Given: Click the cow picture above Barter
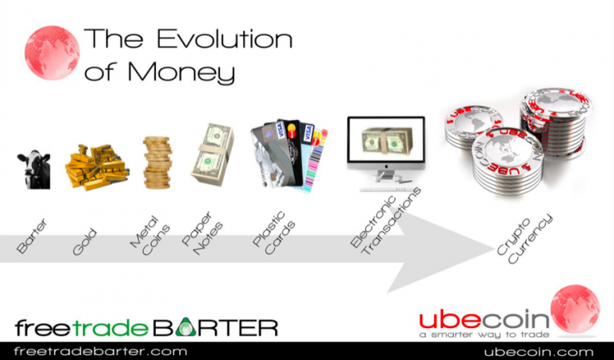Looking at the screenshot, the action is pyautogui.click(x=34, y=170).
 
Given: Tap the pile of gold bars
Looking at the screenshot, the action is pyautogui.click(x=97, y=167).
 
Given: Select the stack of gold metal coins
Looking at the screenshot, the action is pyautogui.click(x=157, y=162).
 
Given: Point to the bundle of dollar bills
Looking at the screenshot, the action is pyautogui.click(x=212, y=154).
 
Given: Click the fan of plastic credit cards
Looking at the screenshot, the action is pyautogui.click(x=289, y=155).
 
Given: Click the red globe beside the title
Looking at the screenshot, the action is pyautogui.click(x=52, y=53).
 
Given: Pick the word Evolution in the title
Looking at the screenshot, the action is pyautogui.click(x=225, y=38).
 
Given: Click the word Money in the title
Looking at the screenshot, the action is pyautogui.click(x=181, y=73).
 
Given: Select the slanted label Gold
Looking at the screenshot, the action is pyautogui.click(x=85, y=242).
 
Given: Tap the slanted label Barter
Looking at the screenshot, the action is pyautogui.click(x=32, y=236).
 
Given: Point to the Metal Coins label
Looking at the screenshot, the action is pyautogui.click(x=150, y=235).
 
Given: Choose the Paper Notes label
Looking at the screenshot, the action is pyautogui.click(x=202, y=234).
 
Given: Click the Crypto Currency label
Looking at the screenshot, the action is pyautogui.click(x=524, y=239).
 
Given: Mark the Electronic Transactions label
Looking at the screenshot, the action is pyautogui.click(x=385, y=222).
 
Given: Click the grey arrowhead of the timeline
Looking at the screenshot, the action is pyautogui.click(x=441, y=250).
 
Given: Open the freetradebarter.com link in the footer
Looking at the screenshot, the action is pyautogui.click(x=101, y=351).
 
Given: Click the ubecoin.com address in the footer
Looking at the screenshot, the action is pyautogui.click(x=538, y=352).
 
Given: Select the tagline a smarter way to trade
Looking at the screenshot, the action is pyautogui.click(x=484, y=334).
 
